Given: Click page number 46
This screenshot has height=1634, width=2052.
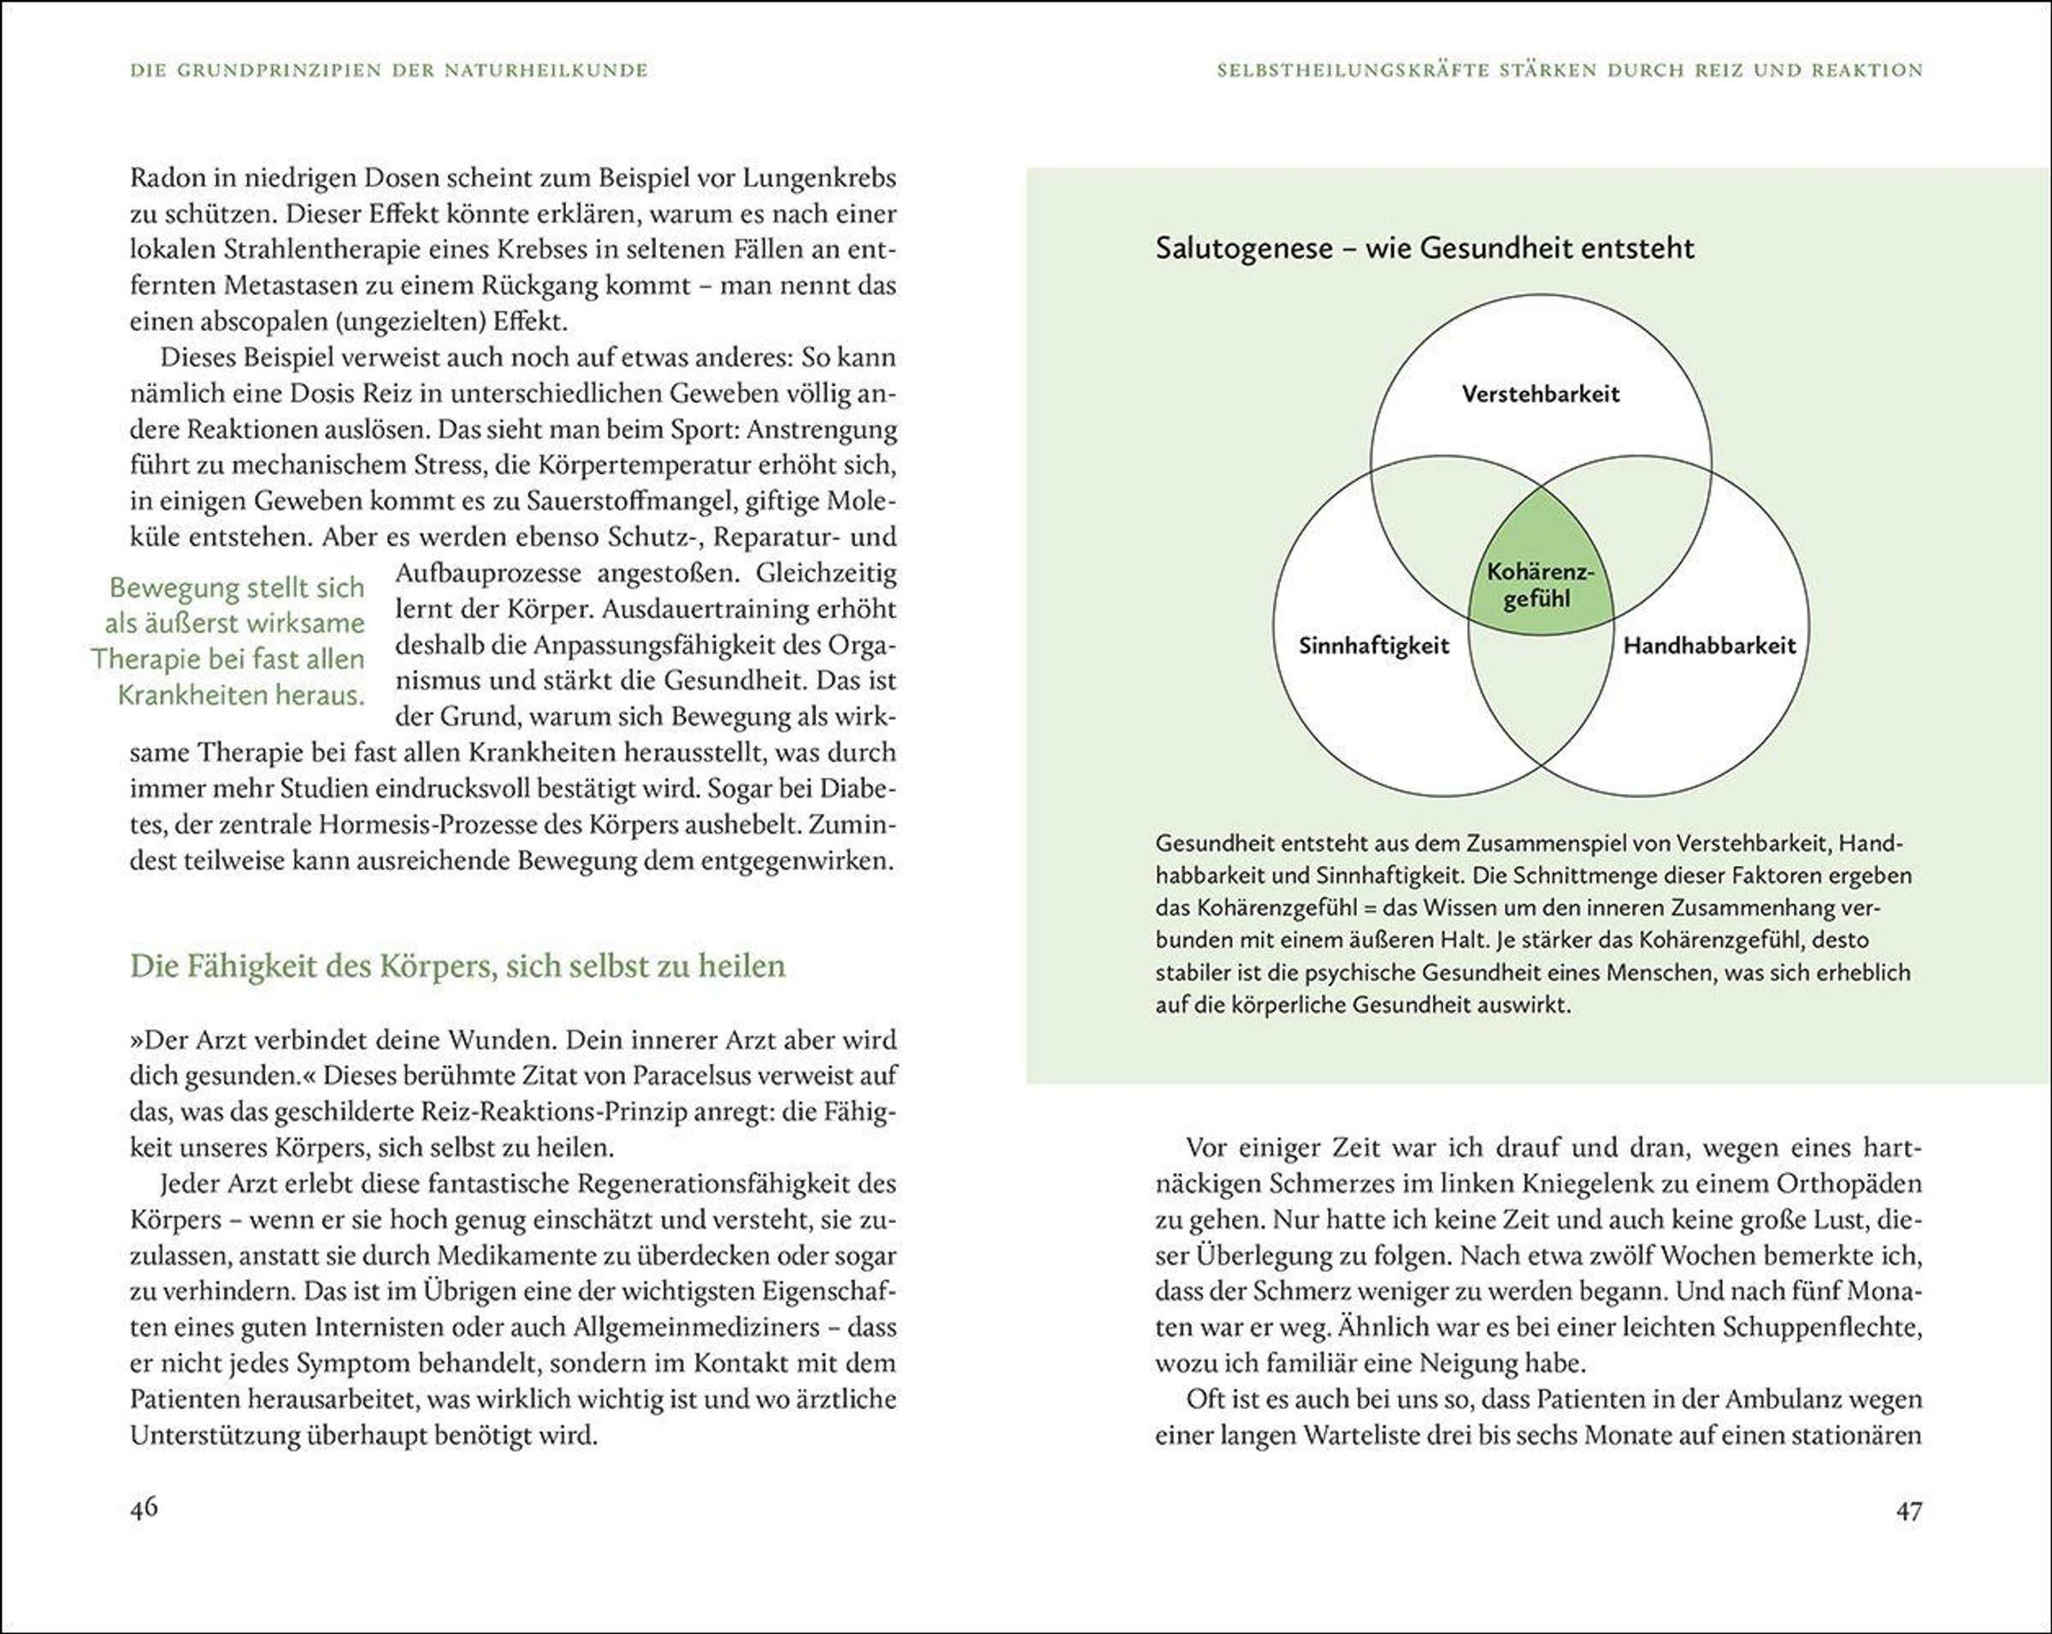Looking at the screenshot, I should (144, 1508).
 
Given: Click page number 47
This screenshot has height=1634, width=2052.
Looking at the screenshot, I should (1908, 1510).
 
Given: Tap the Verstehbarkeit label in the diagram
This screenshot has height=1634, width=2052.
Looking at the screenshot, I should (1540, 394).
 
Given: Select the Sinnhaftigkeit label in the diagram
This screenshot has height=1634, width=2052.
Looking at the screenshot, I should (1373, 646).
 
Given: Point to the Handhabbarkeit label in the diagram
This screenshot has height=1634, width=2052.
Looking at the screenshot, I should (1709, 646).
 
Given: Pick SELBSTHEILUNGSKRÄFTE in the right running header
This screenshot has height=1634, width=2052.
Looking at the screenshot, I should (1353, 70).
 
